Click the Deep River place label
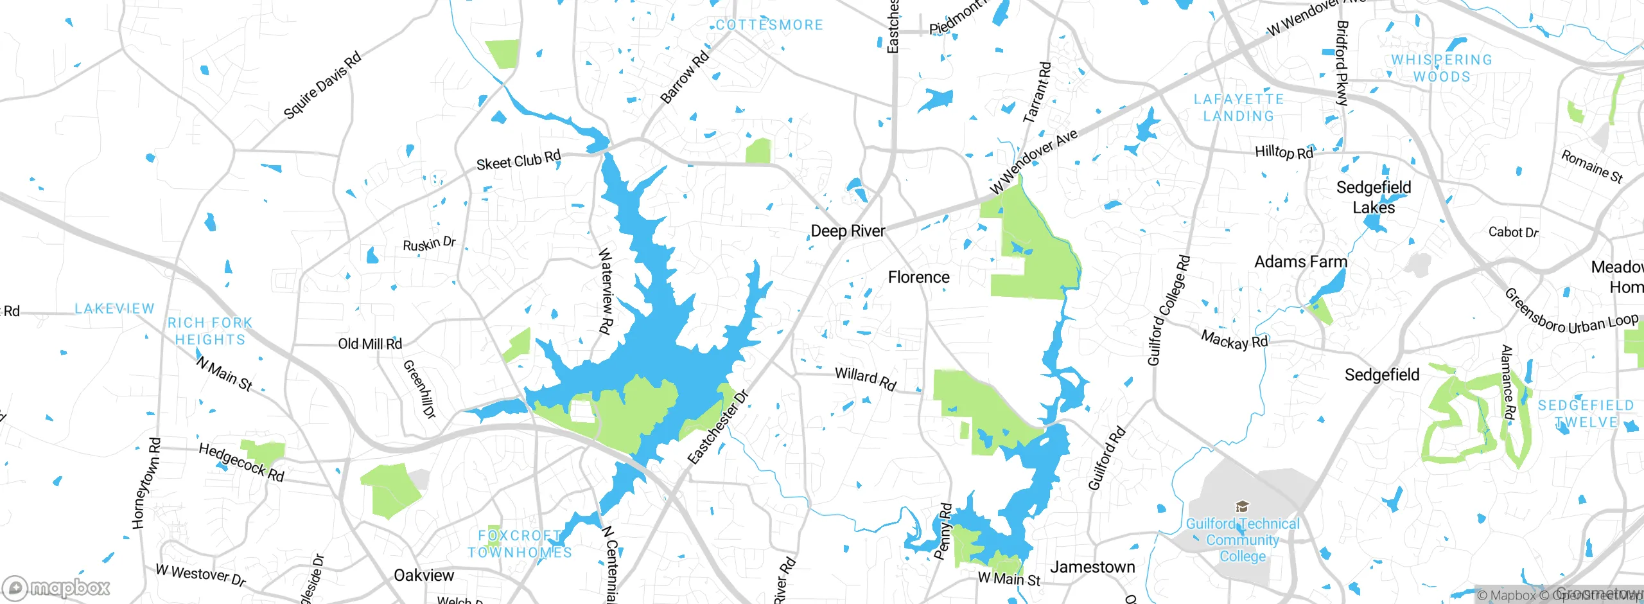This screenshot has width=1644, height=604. click(848, 231)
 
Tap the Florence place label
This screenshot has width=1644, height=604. click(918, 277)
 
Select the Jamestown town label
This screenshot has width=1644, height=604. click(1092, 567)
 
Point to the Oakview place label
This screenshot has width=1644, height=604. click(424, 575)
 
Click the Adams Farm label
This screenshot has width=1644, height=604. click(1300, 262)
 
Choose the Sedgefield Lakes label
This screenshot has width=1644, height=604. click(1374, 197)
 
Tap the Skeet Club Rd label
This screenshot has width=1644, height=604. click(518, 160)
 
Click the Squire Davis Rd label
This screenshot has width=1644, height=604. click(322, 85)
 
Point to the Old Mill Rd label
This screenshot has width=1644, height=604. click(370, 344)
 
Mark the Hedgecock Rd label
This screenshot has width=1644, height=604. click(241, 462)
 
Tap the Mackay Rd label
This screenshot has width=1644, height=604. click(1234, 340)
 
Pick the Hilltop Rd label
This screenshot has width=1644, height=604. click(1284, 152)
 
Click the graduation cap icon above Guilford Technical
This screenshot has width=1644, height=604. click(1243, 507)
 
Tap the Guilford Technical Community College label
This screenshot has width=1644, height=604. click(1243, 540)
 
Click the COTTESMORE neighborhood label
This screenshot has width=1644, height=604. click(769, 25)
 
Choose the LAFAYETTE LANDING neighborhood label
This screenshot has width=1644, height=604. click(1238, 107)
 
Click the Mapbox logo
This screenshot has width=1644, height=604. click(57, 587)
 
